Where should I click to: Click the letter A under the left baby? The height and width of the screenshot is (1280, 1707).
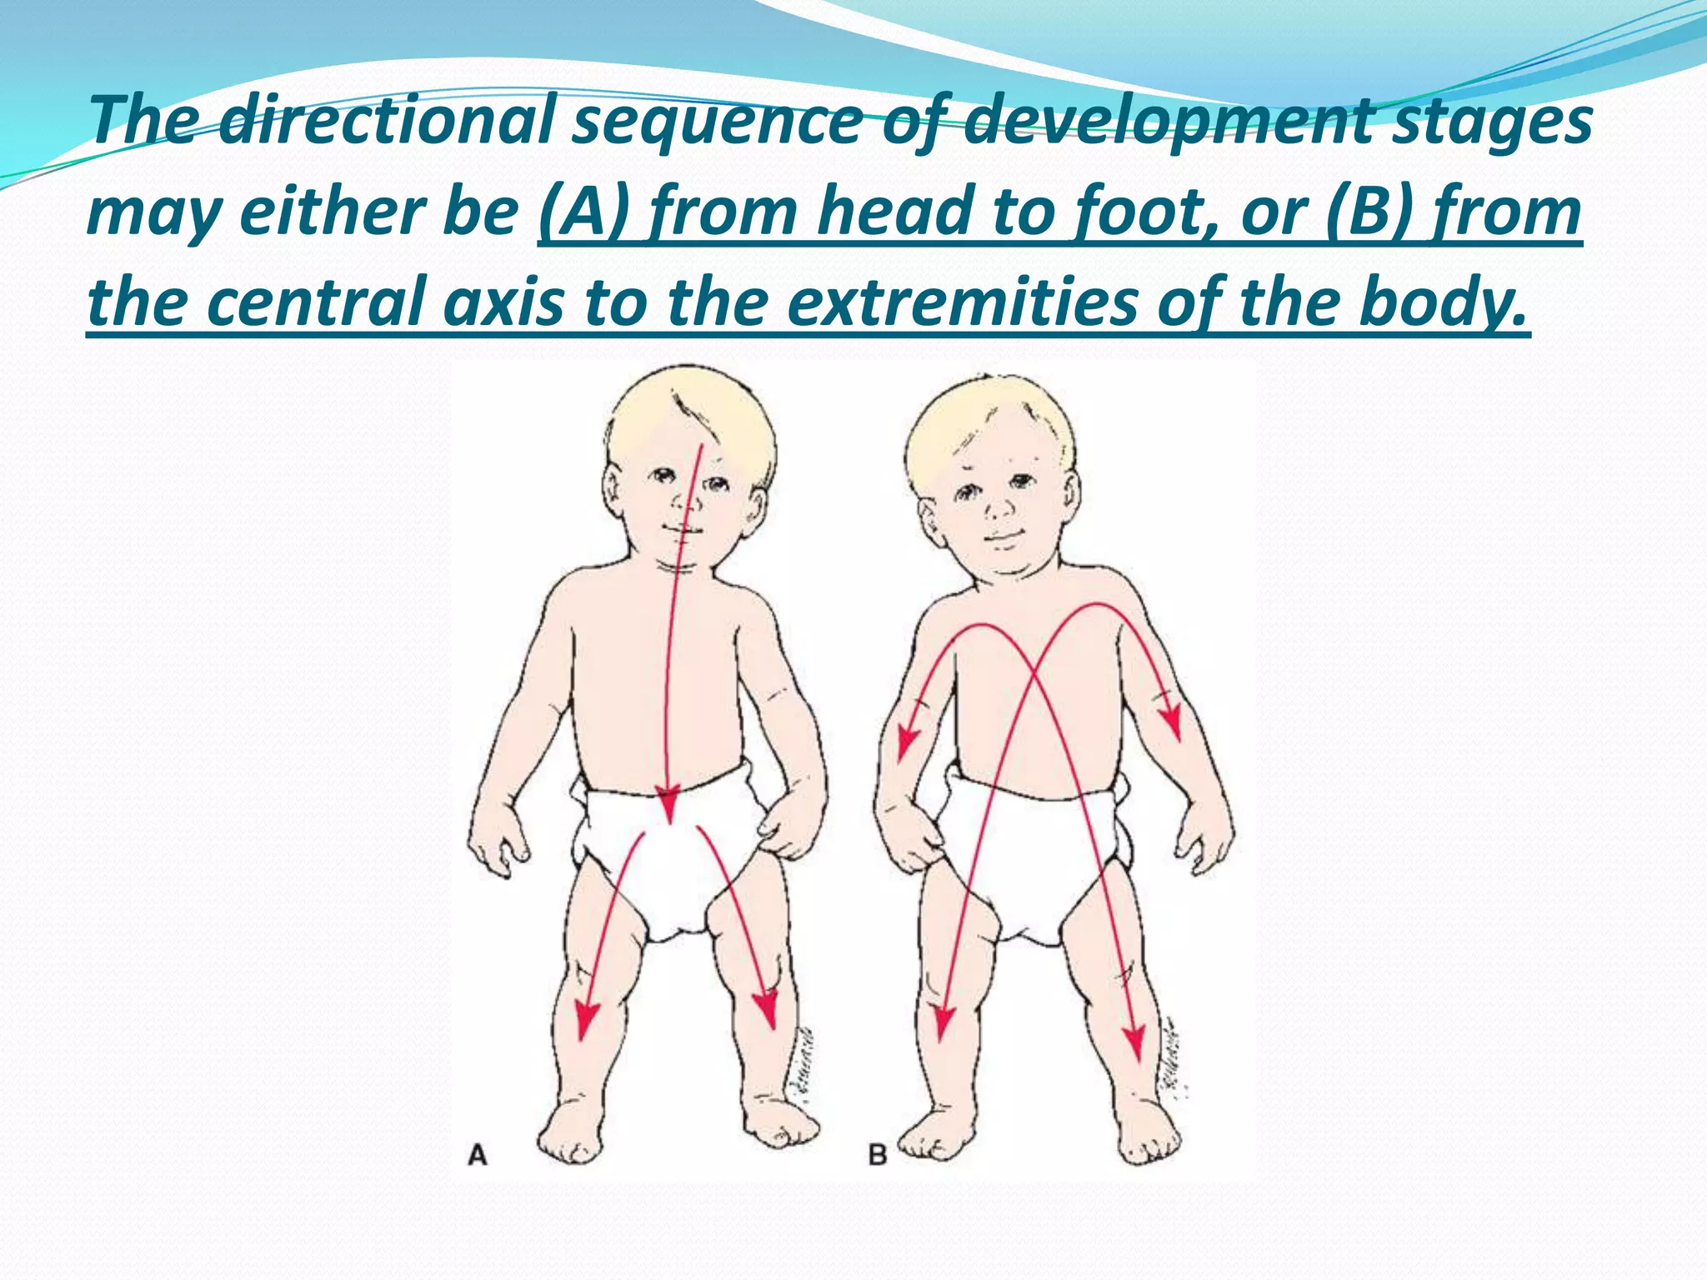click(478, 1156)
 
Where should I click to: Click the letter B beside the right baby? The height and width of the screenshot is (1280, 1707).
click(878, 1156)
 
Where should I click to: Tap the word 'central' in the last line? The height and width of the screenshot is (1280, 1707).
click(318, 302)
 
